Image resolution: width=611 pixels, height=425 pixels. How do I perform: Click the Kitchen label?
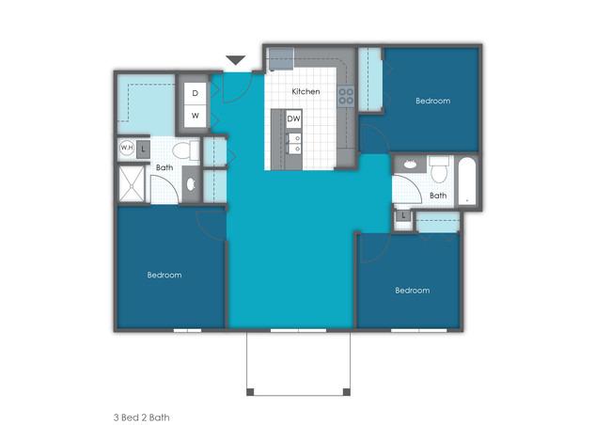tap(305, 91)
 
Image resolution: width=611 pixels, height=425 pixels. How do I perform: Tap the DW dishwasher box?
tap(294, 118)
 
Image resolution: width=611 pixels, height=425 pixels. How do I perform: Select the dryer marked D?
tap(196, 94)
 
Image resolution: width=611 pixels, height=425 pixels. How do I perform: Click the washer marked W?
tap(196, 116)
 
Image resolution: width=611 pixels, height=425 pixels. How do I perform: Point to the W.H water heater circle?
tap(127, 149)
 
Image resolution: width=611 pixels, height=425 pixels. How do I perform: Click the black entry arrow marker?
tap(236, 60)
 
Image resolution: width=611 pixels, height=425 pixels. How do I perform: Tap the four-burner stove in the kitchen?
tap(346, 96)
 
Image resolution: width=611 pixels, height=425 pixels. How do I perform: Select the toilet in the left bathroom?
tap(186, 150)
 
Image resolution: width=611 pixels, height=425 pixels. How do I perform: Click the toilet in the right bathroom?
tap(439, 169)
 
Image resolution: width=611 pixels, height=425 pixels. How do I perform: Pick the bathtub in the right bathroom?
tap(467, 181)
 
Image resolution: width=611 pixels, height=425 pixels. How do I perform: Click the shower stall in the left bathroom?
tap(132, 184)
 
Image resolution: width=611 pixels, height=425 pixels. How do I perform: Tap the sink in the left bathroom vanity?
tap(191, 184)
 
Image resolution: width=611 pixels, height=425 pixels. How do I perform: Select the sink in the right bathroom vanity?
tap(410, 165)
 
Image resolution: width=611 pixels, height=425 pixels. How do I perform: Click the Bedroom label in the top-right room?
tap(433, 101)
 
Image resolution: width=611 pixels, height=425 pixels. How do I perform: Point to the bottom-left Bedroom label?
tap(164, 275)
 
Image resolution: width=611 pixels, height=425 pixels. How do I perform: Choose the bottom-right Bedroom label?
tap(413, 291)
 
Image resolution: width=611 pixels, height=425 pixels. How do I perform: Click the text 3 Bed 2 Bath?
tap(141, 417)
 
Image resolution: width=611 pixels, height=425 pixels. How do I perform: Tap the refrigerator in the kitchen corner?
tap(280, 59)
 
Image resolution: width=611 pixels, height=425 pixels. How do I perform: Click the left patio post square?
tap(250, 392)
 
